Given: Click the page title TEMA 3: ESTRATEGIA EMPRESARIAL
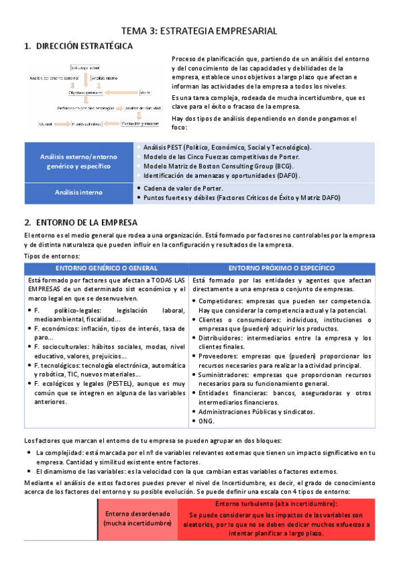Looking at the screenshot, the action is click(199, 31).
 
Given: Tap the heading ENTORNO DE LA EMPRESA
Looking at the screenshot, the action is click(87, 222).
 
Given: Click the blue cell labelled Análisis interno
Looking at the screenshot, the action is click(79, 193).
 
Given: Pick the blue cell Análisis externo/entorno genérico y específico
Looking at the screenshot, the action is click(79, 161).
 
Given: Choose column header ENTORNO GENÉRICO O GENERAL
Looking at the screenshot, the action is click(107, 267).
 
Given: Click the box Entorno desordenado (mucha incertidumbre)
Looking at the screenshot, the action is click(137, 519).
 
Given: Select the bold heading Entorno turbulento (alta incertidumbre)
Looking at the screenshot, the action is click(276, 504).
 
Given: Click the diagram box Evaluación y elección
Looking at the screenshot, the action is click(140, 123).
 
